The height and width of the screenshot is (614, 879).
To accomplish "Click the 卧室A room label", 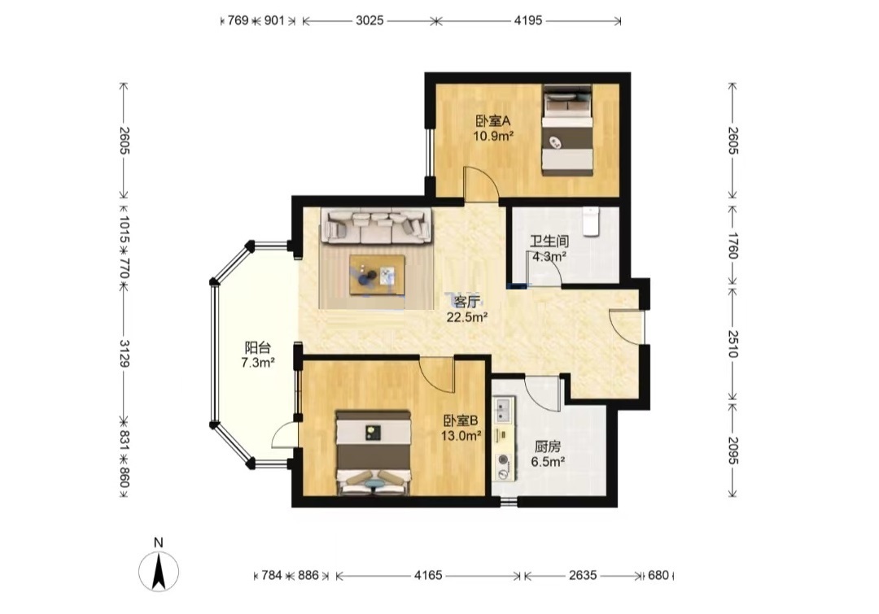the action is pyautogui.click(x=493, y=121).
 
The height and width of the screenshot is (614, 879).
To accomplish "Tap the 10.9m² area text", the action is pyautogui.click(x=493, y=136).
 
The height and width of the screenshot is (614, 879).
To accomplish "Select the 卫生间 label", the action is pyautogui.click(x=549, y=242).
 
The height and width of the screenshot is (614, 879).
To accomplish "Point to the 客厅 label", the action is pyautogui.click(x=466, y=303).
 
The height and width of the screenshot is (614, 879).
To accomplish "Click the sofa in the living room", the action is pyautogui.click(x=376, y=226).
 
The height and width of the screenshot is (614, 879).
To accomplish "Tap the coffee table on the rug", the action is pyautogui.click(x=377, y=274).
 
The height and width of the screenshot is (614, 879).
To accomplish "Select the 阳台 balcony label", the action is pyautogui.click(x=257, y=347).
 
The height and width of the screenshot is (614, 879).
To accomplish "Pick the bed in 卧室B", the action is pyautogui.click(x=374, y=453).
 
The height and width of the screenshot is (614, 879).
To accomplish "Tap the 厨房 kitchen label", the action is pyautogui.click(x=547, y=447).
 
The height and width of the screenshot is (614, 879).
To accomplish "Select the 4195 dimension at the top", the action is pyautogui.click(x=528, y=20).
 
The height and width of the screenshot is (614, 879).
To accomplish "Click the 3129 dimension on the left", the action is pyautogui.click(x=124, y=353).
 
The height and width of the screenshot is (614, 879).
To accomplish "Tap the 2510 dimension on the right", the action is pyautogui.click(x=732, y=343).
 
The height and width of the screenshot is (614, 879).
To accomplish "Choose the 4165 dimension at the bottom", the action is pyautogui.click(x=428, y=575).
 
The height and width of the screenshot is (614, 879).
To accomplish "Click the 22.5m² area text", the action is pyautogui.click(x=466, y=318).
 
